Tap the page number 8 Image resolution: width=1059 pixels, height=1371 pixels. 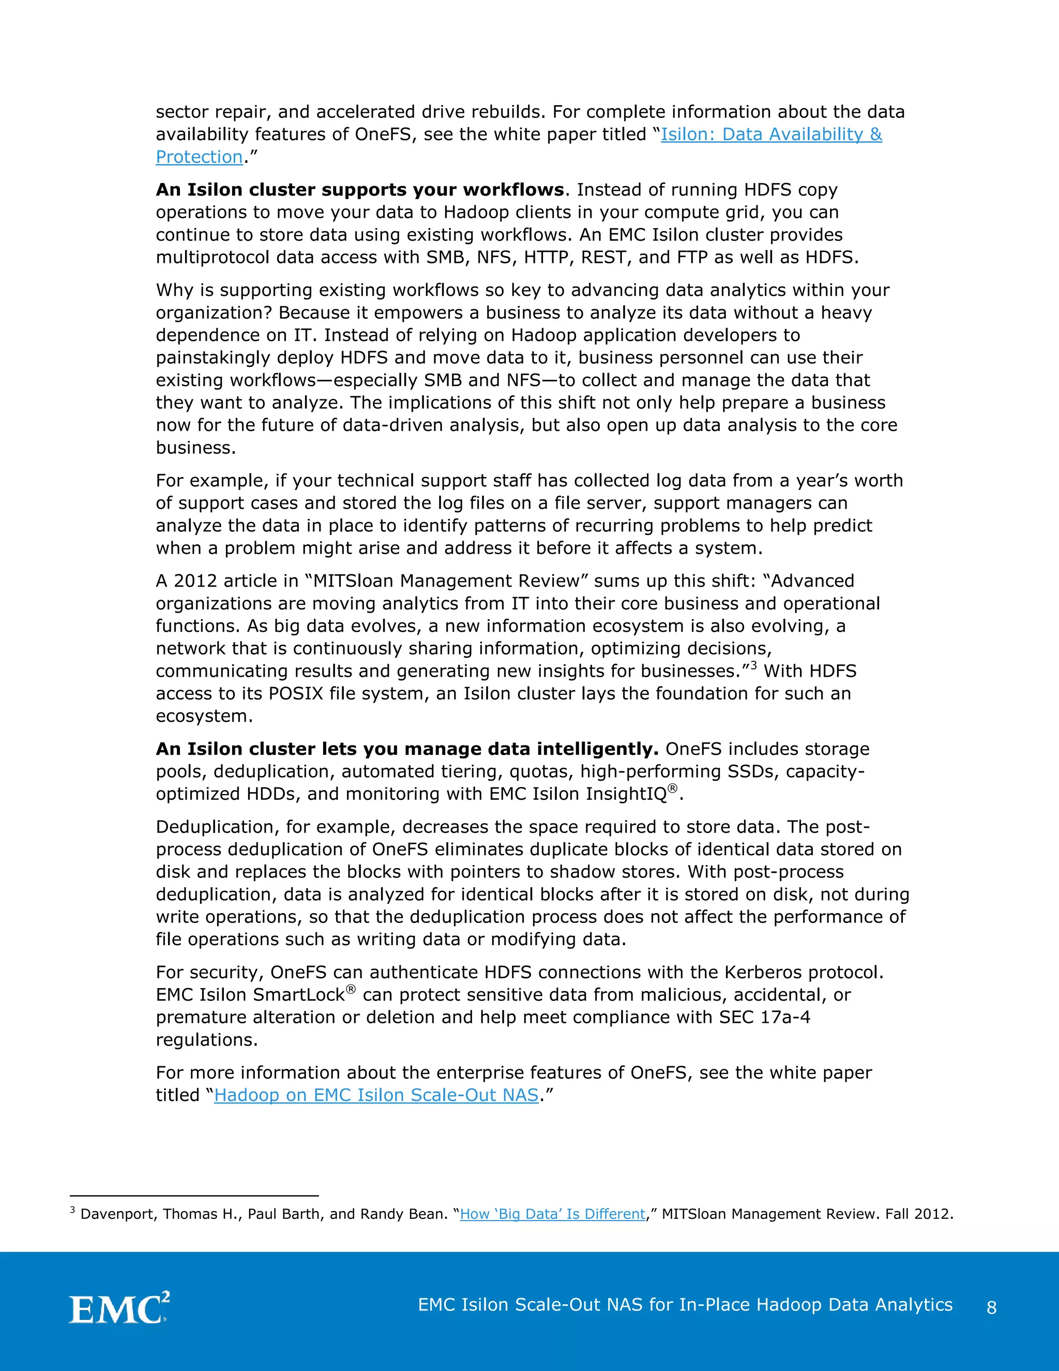click(x=991, y=1307)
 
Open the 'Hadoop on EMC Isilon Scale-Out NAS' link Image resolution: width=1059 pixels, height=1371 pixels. click(x=376, y=1095)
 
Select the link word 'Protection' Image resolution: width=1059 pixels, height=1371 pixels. click(x=199, y=157)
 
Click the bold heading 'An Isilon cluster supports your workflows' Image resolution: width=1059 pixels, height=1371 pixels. click(x=359, y=189)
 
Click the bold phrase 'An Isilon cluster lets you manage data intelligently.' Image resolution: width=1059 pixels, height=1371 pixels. click(x=406, y=749)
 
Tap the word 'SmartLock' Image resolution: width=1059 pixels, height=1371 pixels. click(x=299, y=995)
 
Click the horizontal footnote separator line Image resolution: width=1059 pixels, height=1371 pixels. click(x=194, y=1195)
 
